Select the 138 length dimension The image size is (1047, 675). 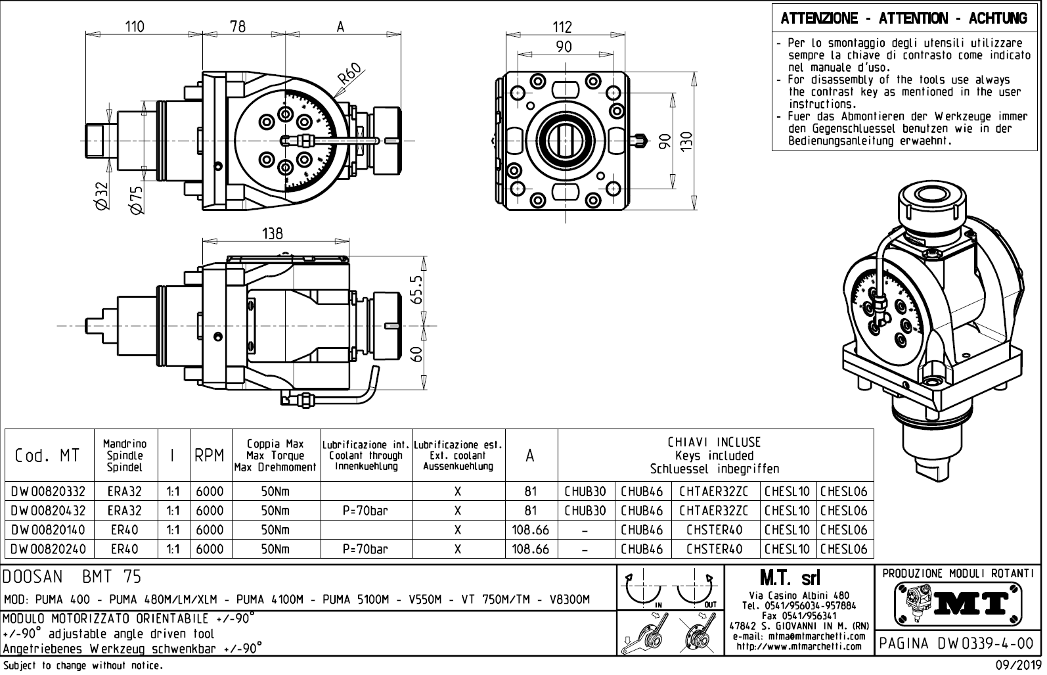[272, 234]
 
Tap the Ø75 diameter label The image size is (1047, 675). [136, 199]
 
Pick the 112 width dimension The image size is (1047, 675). [562, 27]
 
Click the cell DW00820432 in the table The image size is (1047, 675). [49, 511]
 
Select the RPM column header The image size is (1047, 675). [210, 455]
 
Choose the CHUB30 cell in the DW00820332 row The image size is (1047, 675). [585, 491]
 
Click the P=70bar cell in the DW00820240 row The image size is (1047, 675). [367, 549]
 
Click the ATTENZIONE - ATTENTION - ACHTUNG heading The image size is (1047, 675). [904, 18]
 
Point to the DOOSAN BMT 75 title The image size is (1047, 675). [72, 577]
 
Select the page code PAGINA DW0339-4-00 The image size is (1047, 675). [958, 643]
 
